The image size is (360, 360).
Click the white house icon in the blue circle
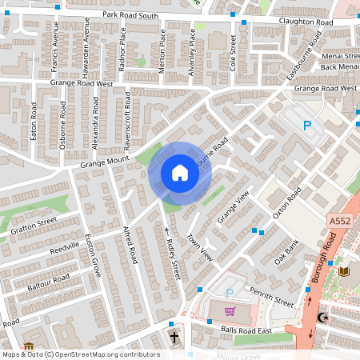180,173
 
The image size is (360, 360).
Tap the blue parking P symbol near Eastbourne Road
306,125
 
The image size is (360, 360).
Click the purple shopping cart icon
231,311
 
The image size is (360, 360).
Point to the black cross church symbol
174,337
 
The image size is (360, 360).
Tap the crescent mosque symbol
323,318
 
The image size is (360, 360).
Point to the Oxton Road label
286,202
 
